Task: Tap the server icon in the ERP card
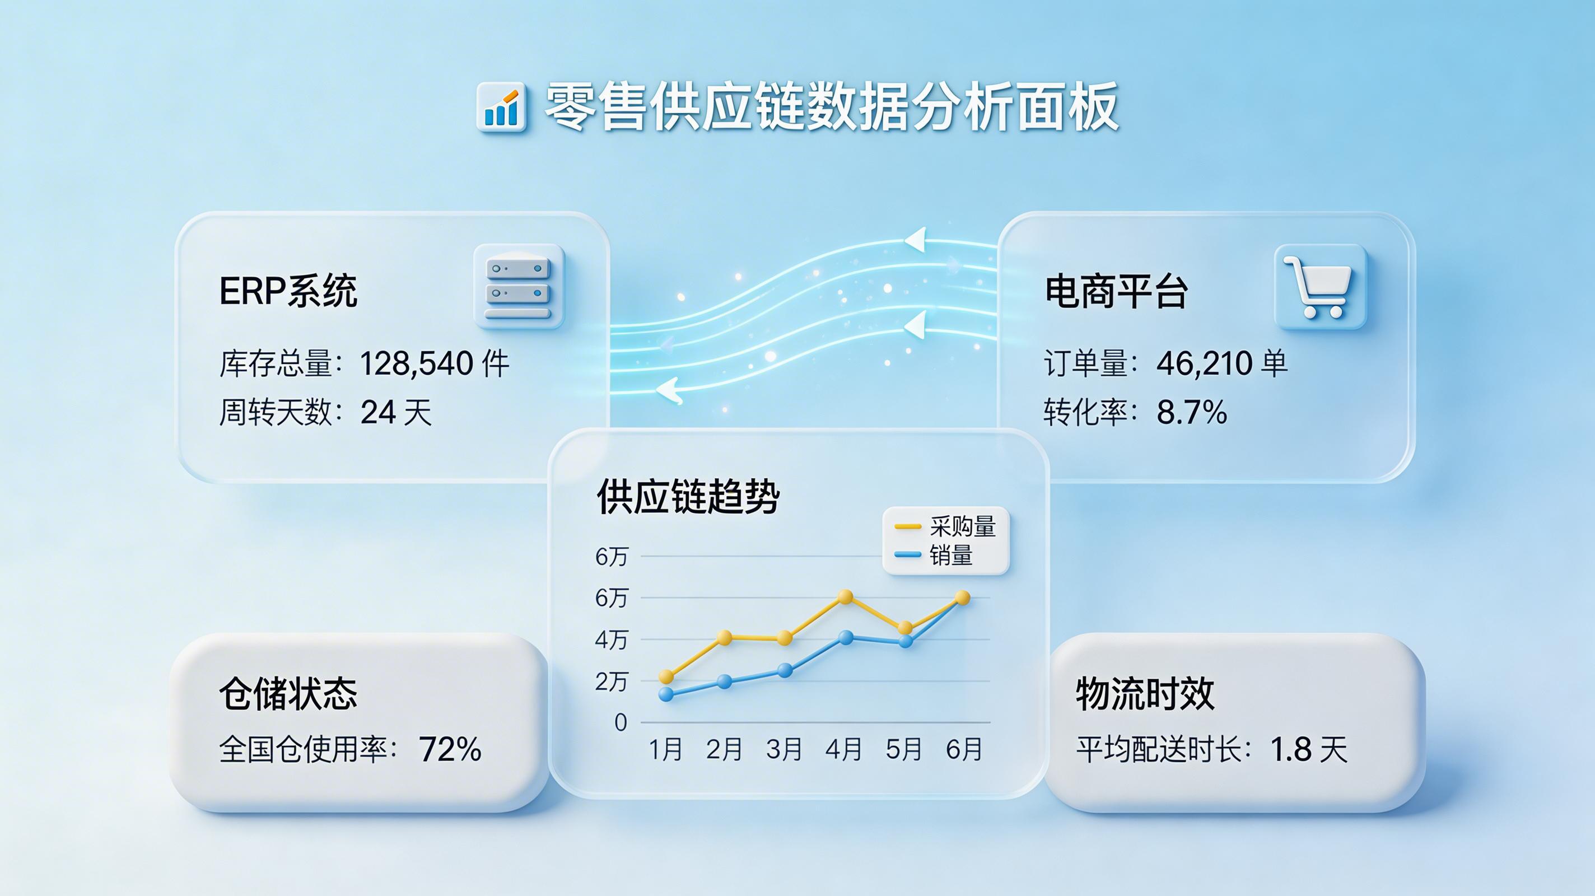(518, 287)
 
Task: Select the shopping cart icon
(1319, 287)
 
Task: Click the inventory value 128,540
(417, 363)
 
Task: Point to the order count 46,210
(1205, 363)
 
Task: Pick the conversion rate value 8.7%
(1191, 412)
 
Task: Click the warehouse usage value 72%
(450, 749)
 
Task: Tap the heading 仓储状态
(288, 693)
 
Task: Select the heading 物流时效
(1145, 693)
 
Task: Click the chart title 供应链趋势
(687, 497)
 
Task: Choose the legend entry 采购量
(962, 526)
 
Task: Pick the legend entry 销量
(950, 555)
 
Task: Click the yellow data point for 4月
(845, 597)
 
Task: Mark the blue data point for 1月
(666, 694)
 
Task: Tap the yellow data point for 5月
(904, 628)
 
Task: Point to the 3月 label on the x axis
(784, 749)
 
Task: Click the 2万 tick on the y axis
(611, 681)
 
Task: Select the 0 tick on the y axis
(621, 722)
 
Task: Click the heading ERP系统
(288, 291)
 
